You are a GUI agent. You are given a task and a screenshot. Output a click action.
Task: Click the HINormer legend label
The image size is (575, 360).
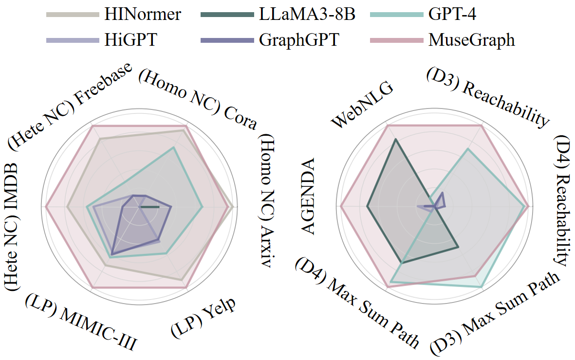tap(142, 15)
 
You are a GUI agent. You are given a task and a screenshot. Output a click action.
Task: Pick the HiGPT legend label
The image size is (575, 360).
tap(130, 39)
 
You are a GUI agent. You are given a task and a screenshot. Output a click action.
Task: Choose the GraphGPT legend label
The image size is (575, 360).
tap(298, 39)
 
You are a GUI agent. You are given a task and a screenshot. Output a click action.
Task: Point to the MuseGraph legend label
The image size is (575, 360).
tap(471, 39)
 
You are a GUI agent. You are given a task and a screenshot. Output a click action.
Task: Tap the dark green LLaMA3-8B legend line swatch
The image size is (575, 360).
tap(226, 15)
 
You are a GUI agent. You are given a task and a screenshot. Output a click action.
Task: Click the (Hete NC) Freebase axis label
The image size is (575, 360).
tap(71, 104)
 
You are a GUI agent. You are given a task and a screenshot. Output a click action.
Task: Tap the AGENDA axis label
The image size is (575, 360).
tap(308, 197)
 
